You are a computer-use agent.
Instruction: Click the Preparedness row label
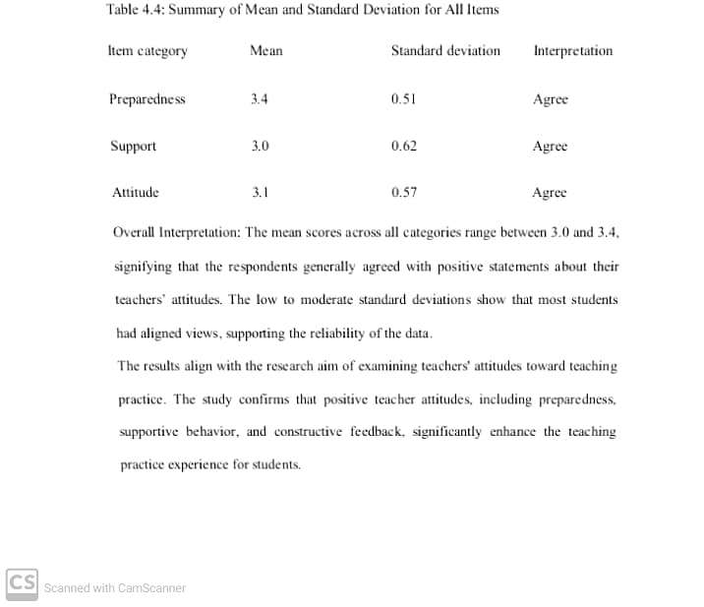(x=147, y=99)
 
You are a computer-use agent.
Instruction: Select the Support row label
(x=133, y=147)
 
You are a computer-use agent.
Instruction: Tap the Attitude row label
(x=135, y=193)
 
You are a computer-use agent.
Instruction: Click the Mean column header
(x=265, y=51)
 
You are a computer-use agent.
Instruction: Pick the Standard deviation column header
(x=445, y=51)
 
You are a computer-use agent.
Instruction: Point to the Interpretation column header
(x=572, y=51)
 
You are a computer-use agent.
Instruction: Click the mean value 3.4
(x=260, y=99)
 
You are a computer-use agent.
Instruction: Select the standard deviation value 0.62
(x=403, y=147)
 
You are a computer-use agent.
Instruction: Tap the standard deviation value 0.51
(x=403, y=99)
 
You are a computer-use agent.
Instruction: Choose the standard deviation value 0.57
(x=403, y=193)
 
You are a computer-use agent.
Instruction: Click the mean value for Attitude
(x=260, y=193)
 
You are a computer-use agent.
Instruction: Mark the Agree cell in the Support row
(x=550, y=147)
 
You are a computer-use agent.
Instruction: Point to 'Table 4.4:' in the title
(x=135, y=10)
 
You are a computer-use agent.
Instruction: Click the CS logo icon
(x=22, y=581)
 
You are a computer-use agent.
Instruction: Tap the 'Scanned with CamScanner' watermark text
(x=115, y=588)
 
